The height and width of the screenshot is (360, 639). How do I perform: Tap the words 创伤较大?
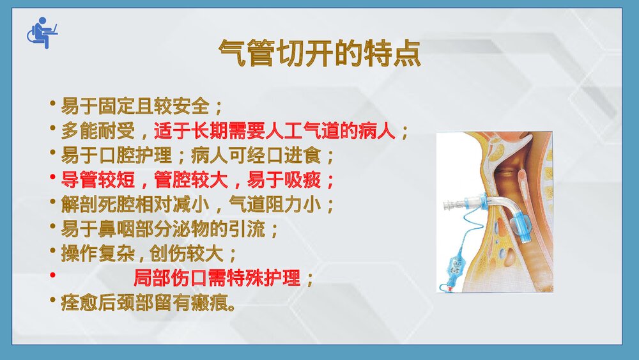pos(185,254)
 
